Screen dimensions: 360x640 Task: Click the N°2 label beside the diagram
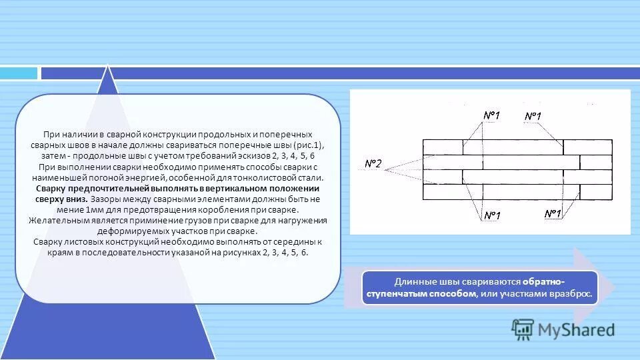click(373, 164)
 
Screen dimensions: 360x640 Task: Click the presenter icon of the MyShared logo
click(523, 328)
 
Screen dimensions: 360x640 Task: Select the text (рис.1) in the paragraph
click(309, 145)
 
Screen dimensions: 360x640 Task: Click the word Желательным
click(55, 220)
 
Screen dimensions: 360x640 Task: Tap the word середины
click(288, 241)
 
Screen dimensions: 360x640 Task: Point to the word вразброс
click(573, 294)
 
